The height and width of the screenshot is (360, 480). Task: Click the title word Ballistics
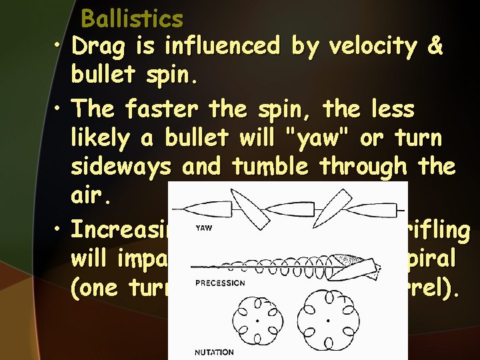[131, 19]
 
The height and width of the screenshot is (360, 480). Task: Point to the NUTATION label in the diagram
[214, 352]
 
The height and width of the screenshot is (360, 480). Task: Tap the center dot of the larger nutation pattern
[327, 321]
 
